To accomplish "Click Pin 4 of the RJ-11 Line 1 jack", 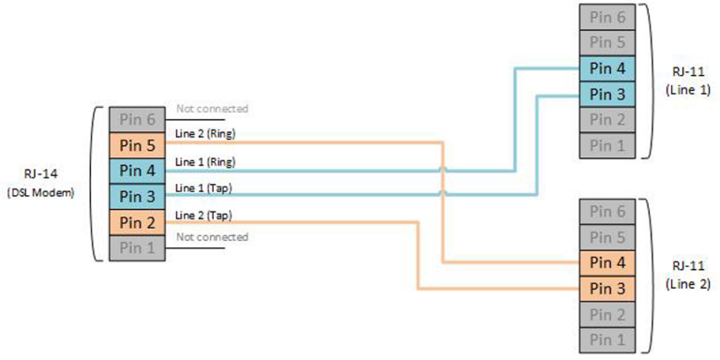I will pos(606,68).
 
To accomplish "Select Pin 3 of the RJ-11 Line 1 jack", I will pos(606,94).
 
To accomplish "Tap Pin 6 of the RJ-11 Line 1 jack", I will pos(606,18).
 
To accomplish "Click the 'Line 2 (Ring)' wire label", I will pos(206,134).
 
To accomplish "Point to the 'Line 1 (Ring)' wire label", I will pos(206,161).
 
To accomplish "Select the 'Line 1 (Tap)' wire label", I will pos(204,187).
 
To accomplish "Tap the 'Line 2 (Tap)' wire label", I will pos(204,214).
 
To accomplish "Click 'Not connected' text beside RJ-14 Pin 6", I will pos(212,109).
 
